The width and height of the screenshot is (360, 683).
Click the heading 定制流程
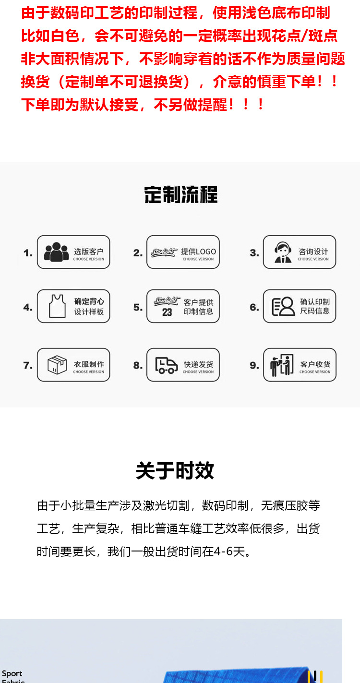[x=180, y=195]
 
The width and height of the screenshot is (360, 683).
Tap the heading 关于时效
[x=175, y=471]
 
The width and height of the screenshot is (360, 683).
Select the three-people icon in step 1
[x=56, y=252]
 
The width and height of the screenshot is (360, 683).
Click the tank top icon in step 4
[x=58, y=306]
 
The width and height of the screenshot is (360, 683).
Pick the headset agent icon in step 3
[x=283, y=252]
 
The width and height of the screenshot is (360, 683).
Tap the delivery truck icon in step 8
[x=166, y=365]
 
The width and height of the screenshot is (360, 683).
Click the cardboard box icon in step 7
[x=57, y=365]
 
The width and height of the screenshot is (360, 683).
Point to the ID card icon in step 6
[x=283, y=306]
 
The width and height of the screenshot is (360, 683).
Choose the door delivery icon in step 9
[x=282, y=365]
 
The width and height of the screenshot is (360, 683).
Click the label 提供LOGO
[x=198, y=252]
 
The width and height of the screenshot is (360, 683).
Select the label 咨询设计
[x=313, y=252]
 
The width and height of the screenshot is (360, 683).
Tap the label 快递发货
[x=198, y=364]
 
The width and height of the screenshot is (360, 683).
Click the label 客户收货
[x=315, y=364]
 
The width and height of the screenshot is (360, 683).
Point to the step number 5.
[x=138, y=307]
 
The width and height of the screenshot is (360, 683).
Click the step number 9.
[x=254, y=366]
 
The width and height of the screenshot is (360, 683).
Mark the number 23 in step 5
[x=167, y=312]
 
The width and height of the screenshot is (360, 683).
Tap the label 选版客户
[x=88, y=252]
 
